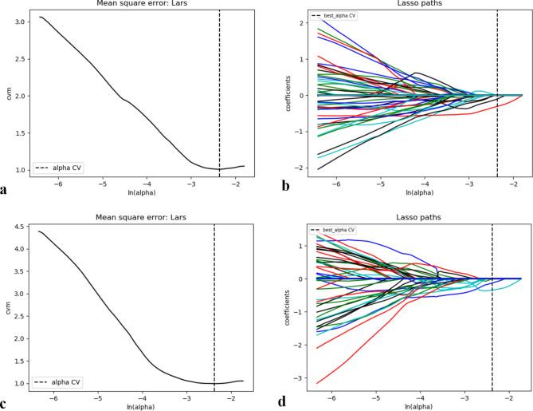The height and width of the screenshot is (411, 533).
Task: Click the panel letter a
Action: (x=6, y=190)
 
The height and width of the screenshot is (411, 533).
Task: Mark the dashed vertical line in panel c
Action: (x=214, y=303)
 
